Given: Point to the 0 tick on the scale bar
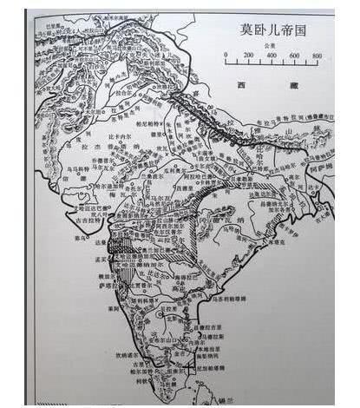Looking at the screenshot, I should (226, 63).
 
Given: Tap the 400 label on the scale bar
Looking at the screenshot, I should (271, 56).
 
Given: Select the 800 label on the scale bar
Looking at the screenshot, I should (317, 56).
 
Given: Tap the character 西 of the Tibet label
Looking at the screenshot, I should (242, 84).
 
